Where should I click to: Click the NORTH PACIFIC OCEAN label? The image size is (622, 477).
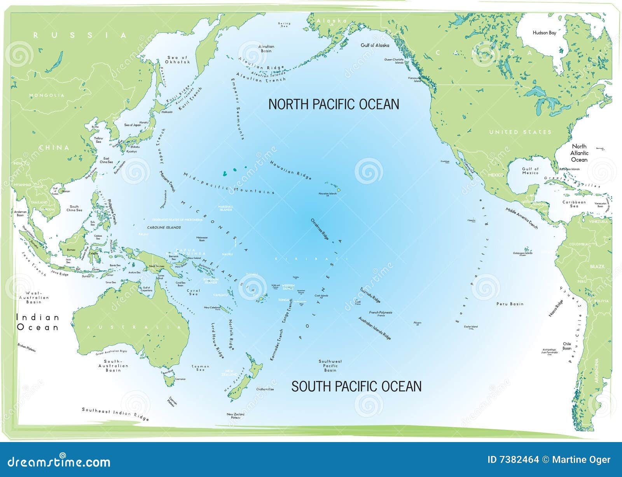334,104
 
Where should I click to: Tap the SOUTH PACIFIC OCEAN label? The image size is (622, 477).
356,386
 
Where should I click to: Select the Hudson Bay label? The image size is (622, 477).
544,33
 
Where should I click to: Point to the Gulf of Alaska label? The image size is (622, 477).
375,45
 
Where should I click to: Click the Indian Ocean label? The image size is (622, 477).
38,322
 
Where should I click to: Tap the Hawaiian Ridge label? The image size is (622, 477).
291,170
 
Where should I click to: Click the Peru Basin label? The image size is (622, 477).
510,304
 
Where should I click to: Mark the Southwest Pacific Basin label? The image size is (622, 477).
330,366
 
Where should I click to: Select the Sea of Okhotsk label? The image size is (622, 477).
178,60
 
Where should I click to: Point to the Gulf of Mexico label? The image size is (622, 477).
530,171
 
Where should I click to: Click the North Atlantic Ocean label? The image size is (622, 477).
579,153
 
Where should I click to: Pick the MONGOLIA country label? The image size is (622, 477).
47,95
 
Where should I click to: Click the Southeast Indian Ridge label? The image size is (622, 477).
115,414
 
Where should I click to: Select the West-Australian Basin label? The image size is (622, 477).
34,297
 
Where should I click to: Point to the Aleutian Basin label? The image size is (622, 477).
266,49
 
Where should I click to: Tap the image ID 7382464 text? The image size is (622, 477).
513,460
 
